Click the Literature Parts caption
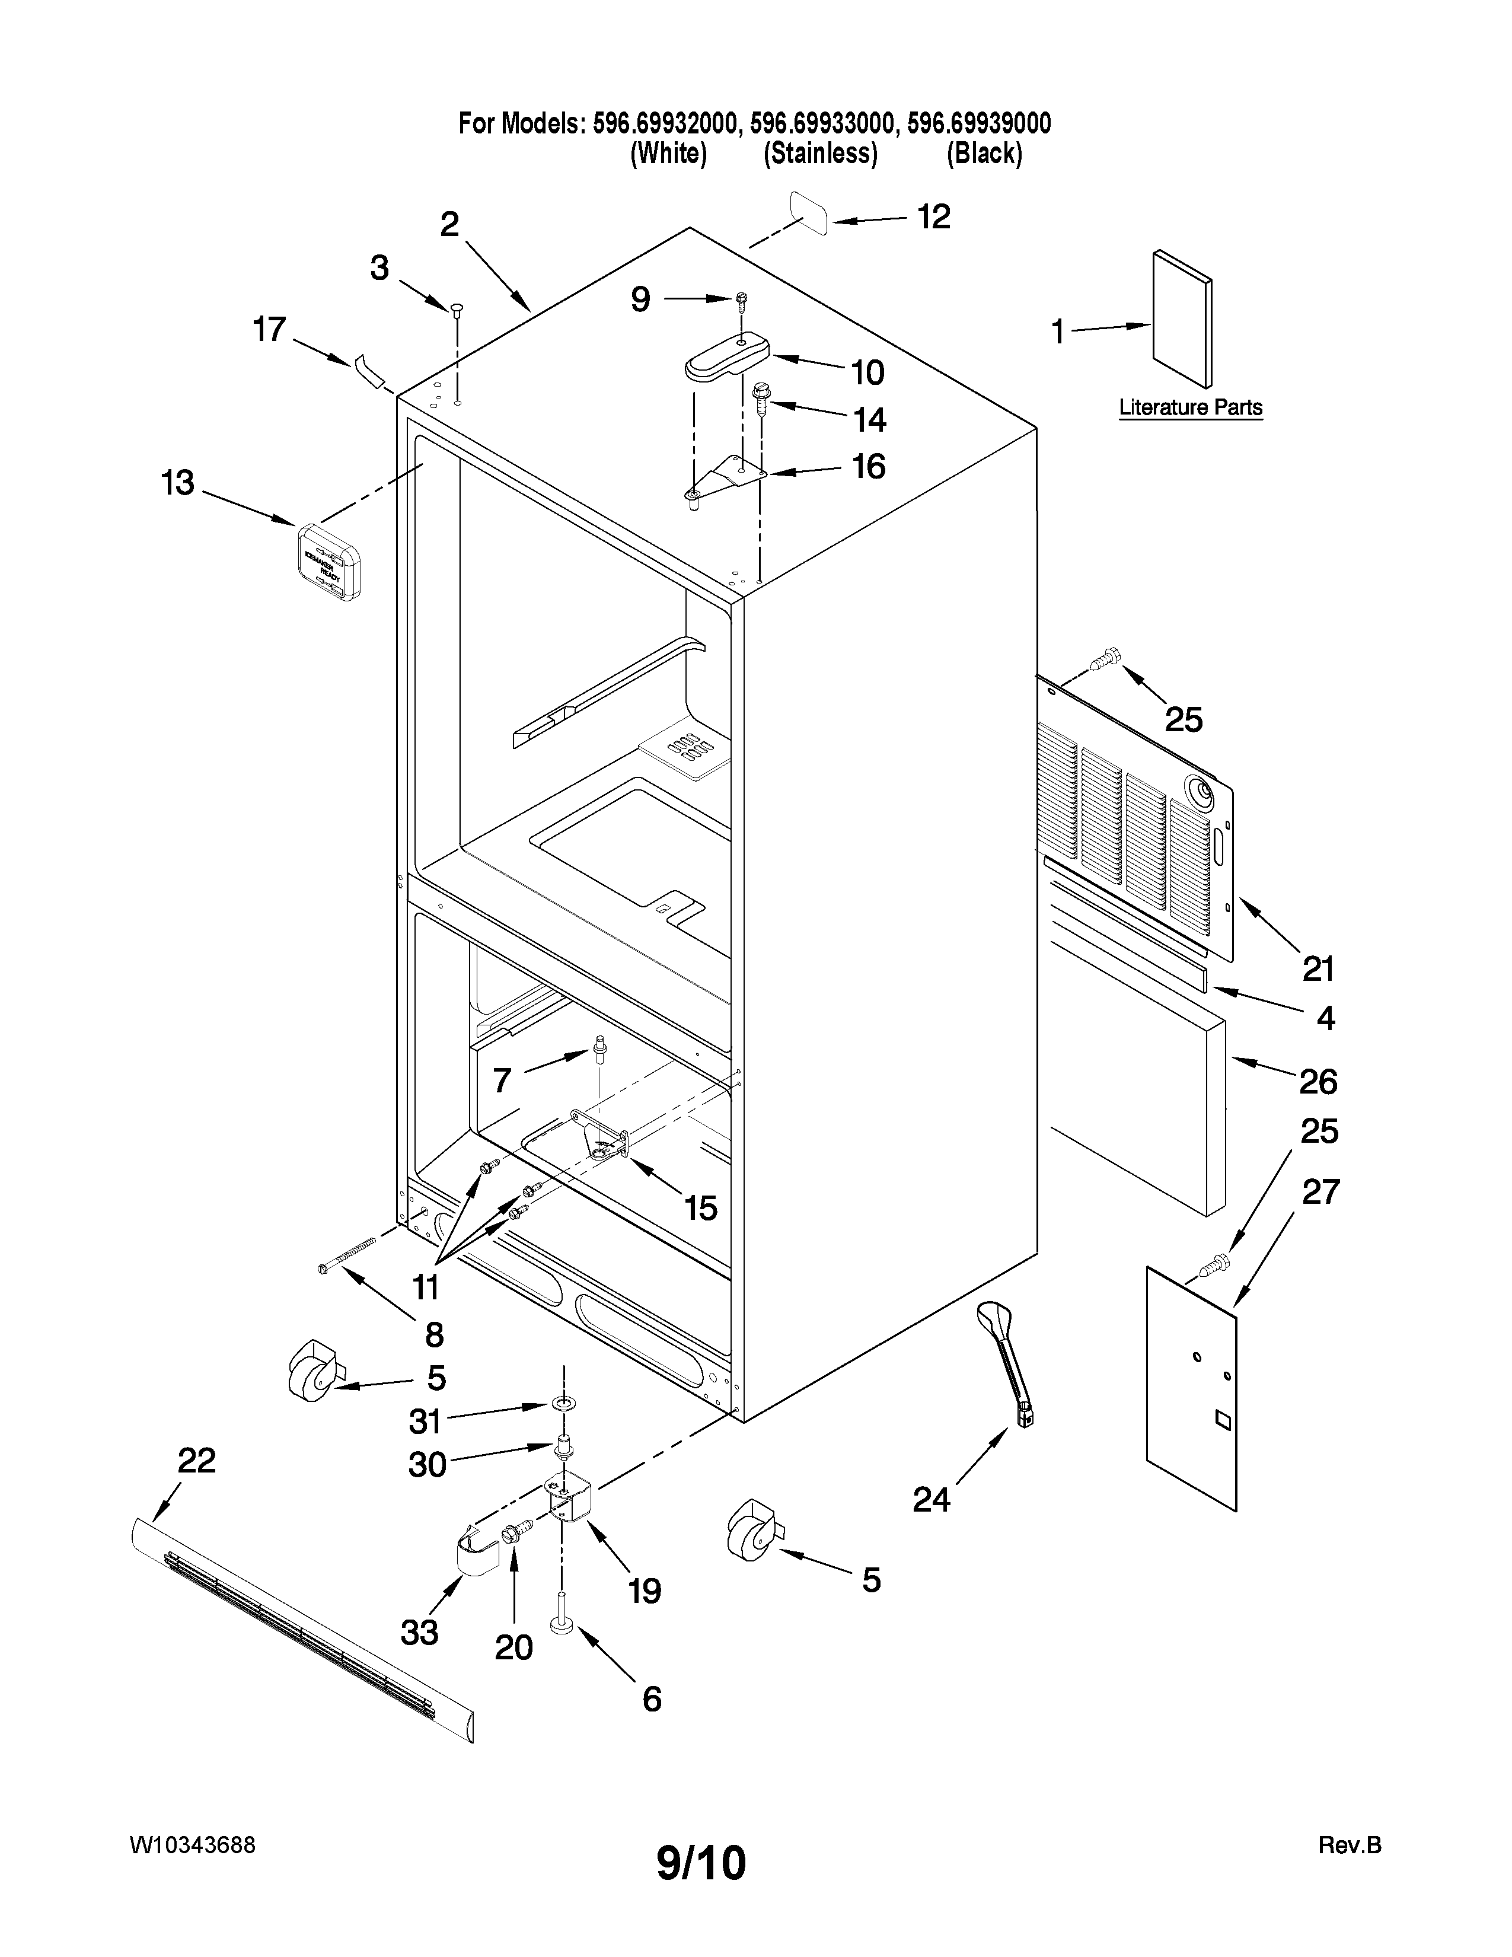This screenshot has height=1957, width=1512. (x=1191, y=408)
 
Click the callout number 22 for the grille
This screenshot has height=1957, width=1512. (x=196, y=1461)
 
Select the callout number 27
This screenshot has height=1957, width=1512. (x=1320, y=1193)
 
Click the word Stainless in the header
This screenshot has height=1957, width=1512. (x=819, y=154)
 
